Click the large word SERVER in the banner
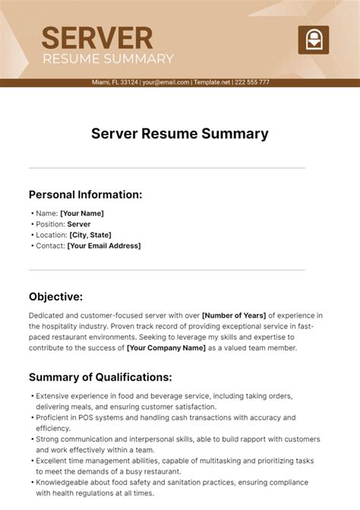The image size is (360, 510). tap(96, 37)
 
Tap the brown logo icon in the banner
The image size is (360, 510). tap(312, 39)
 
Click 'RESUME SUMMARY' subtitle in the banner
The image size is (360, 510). tap(108, 59)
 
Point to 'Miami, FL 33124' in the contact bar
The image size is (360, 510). tap(115, 82)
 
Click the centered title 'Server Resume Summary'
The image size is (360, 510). tap(180, 135)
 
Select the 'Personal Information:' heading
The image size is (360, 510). tap(85, 194)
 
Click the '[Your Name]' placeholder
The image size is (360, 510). tap(82, 214)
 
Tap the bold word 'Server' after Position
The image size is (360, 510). tap(79, 224)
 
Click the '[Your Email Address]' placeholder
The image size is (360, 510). tap(104, 245)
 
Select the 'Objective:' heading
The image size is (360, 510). tap(55, 296)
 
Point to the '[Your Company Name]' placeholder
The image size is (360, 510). tap(166, 347)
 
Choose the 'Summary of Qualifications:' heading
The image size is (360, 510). tap(100, 377)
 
